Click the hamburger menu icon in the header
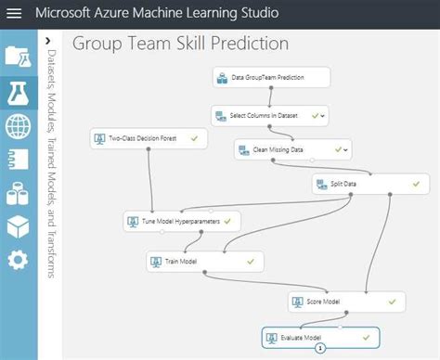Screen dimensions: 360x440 tap(14, 16)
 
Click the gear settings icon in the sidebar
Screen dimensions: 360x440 tap(18, 260)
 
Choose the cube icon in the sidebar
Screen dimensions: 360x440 tap(18, 226)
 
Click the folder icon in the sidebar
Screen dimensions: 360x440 tap(18, 56)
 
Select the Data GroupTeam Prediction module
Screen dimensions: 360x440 tap(270, 77)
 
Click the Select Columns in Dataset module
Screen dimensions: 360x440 tap(269, 116)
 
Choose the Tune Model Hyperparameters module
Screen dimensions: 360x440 tap(182, 222)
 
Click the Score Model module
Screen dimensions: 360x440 tap(345, 302)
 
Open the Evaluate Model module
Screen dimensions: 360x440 tap(320, 336)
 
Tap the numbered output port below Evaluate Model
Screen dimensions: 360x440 tap(319, 349)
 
